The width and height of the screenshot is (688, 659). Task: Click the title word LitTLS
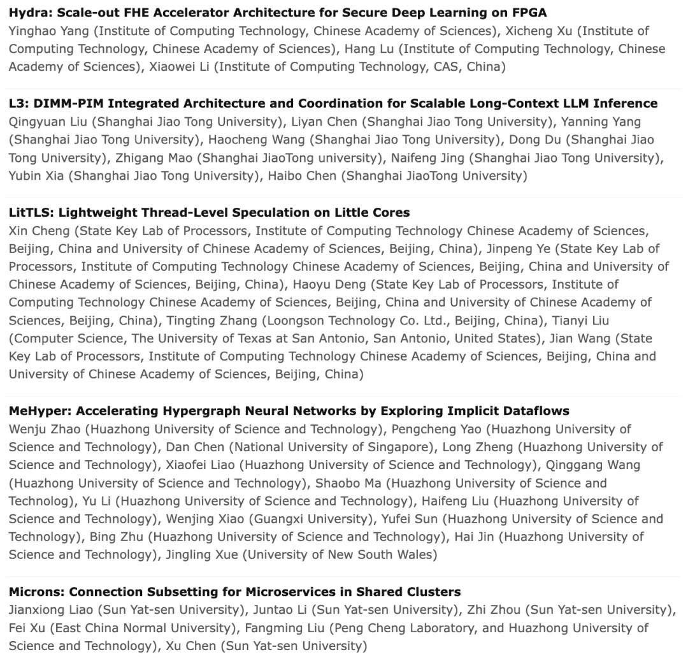[28, 212]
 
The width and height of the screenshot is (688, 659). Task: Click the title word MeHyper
[36, 411]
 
